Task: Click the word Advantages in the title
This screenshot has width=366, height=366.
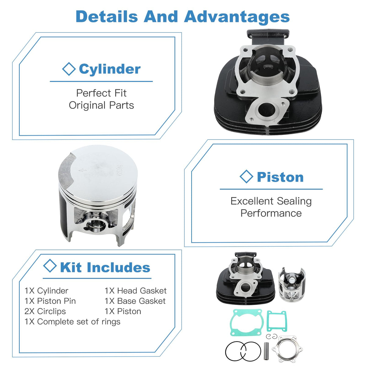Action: (x=237, y=16)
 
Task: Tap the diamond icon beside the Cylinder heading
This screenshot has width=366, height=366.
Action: (x=69, y=69)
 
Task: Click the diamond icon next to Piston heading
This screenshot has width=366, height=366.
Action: (x=246, y=177)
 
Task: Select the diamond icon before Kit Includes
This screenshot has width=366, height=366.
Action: (x=50, y=266)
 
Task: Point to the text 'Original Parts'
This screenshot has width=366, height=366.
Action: (x=101, y=106)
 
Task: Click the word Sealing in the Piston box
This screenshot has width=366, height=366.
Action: (x=294, y=201)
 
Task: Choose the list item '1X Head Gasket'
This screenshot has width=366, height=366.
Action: (x=136, y=291)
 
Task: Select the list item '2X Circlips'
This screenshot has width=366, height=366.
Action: (x=45, y=311)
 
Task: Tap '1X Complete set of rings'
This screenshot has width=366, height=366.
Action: (x=72, y=322)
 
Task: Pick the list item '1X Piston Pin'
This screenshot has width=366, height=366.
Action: (x=50, y=301)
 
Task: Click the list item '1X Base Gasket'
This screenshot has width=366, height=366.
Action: (x=135, y=301)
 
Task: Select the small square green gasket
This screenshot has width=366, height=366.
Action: (x=277, y=321)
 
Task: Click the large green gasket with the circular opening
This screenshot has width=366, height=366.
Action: (x=247, y=322)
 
